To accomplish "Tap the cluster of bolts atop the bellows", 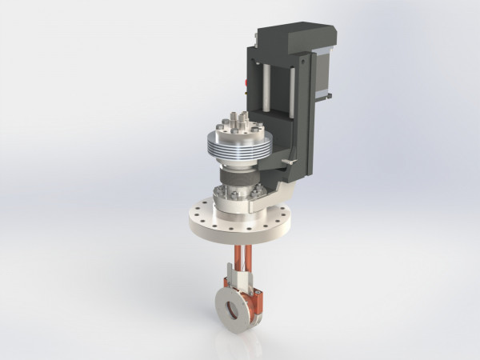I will (236, 124).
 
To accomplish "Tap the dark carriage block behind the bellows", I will (276, 144).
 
